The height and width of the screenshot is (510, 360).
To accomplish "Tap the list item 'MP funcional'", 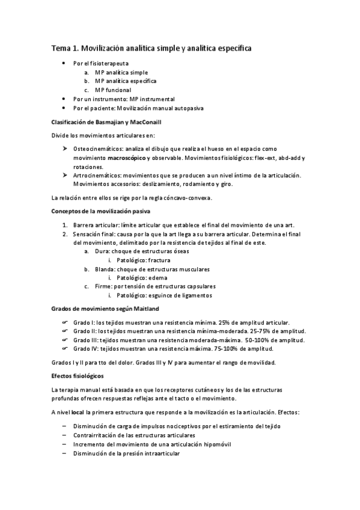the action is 113,90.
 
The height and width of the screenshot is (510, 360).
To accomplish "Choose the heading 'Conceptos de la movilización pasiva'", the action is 100,211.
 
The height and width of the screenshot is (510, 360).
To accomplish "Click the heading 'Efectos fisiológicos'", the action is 78,376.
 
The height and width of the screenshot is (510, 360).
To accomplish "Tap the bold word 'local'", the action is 77,413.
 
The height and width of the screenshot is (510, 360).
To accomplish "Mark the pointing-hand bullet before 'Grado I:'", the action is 66,323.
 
